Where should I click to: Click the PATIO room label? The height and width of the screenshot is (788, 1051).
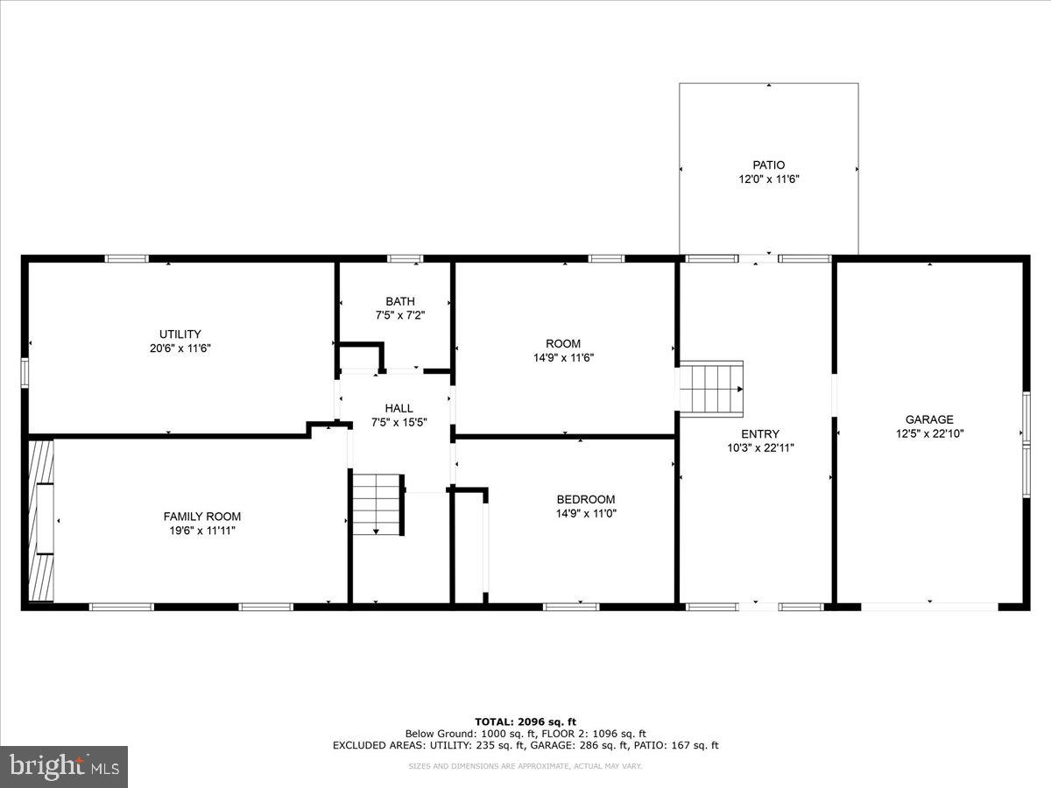[x=768, y=165]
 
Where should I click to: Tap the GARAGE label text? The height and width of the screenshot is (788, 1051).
[x=929, y=419]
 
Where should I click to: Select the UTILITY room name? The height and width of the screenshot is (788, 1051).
[x=180, y=334]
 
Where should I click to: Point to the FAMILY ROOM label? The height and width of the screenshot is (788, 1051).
[x=201, y=517]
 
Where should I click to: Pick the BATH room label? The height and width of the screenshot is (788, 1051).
[x=399, y=301]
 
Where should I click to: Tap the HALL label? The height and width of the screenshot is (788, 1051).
[x=399, y=408]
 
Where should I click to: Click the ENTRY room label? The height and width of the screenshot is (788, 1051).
[x=759, y=433]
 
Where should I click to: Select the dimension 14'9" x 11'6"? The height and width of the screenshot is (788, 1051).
[x=563, y=357]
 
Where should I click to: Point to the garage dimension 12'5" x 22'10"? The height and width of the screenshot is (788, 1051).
[x=929, y=433]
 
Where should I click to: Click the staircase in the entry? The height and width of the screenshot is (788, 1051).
[x=711, y=389]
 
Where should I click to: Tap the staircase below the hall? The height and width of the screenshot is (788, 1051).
[x=377, y=503]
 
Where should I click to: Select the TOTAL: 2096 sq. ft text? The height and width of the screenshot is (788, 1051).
[x=525, y=721]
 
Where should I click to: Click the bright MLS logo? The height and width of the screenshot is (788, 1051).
[x=64, y=767]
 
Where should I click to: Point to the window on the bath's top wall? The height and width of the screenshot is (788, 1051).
[x=405, y=258]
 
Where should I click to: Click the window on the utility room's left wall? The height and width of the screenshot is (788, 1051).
[x=25, y=372]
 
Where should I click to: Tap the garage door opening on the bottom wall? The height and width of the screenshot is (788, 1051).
[x=928, y=606]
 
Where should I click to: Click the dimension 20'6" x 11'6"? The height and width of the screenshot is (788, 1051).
[x=180, y=348]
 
